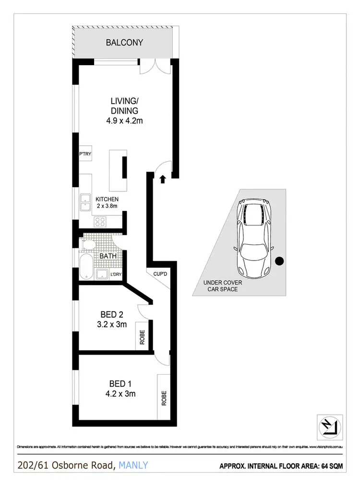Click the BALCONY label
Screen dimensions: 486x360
124,43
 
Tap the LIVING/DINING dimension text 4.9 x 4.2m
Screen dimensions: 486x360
124,121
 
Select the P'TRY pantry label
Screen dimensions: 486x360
85,154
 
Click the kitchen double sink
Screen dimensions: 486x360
86,202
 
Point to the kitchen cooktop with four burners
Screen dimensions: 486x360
101,222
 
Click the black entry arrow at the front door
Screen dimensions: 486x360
163,179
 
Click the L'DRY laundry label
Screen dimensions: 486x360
115,274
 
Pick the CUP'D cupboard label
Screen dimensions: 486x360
160,274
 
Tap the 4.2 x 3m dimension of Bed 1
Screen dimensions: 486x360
120,394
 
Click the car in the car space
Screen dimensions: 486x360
254,238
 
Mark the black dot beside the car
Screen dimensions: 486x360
279,261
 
